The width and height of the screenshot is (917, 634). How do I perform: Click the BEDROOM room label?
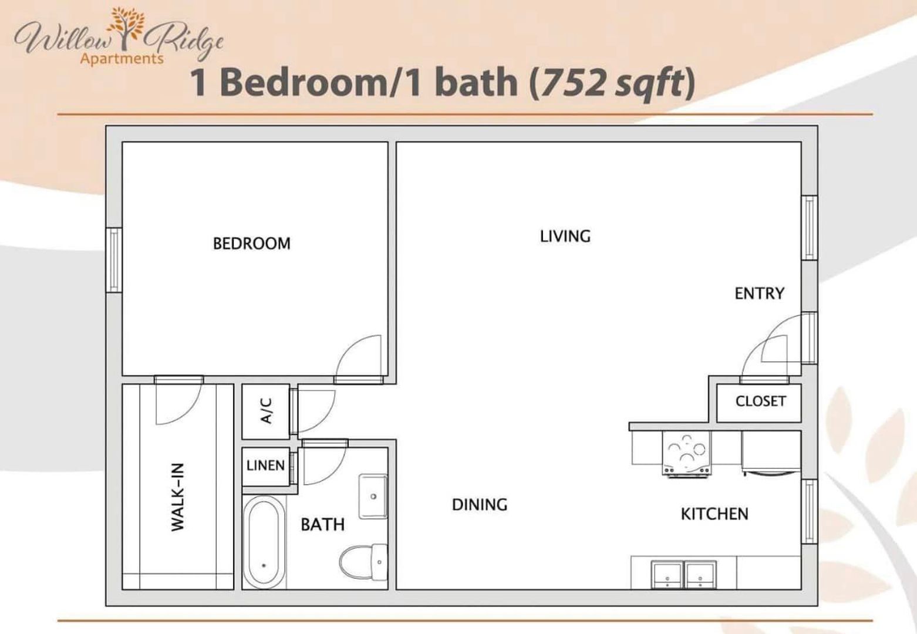251,243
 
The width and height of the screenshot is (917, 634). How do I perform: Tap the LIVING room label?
565,236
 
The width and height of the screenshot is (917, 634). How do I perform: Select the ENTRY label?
759,293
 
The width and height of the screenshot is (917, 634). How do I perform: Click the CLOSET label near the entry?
760,401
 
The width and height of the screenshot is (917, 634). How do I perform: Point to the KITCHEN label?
714,514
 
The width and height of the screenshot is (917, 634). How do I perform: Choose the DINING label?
479,505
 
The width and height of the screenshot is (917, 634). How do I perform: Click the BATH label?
322,524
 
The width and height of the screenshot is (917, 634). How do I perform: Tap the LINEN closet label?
265,466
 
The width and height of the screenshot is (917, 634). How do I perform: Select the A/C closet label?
266,411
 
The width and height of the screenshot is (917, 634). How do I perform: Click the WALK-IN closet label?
178,497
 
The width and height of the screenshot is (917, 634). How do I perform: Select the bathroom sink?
373,496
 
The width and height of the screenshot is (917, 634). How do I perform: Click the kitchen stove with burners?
686,453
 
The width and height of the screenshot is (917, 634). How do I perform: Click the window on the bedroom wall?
113,259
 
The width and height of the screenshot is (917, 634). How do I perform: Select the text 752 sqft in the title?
612,82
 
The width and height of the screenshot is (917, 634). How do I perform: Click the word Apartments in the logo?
122,59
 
